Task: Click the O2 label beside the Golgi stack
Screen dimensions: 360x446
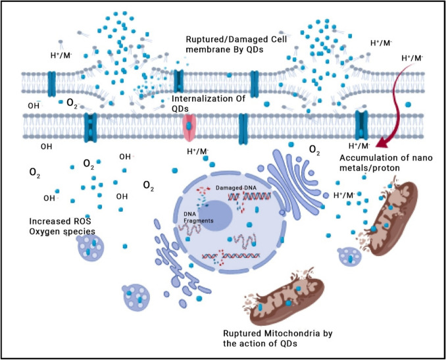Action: coord(315,153)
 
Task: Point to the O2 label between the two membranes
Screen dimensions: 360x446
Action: coord(72,103)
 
